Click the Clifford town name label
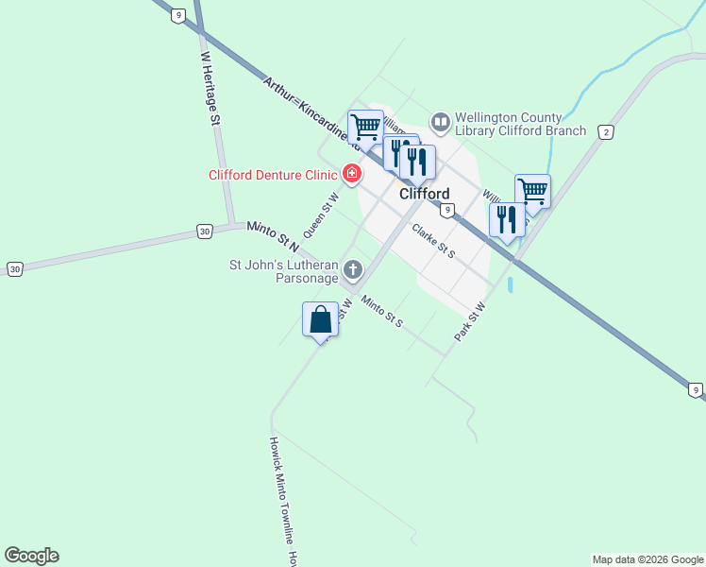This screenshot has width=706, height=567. tap(424, 194)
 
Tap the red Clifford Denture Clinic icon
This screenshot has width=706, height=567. tap(352, 174)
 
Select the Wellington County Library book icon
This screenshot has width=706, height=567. tap(440, 123)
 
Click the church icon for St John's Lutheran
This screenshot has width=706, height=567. tap(353, 271)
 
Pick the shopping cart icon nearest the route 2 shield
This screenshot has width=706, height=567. tap(532, 192)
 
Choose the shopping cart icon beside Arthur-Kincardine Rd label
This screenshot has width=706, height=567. tap(364, 127)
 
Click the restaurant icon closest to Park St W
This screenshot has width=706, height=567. tap(507, 220)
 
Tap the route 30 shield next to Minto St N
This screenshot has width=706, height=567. tap(204, 231)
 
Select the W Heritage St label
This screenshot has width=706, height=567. tap(210, 89)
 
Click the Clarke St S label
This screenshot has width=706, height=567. tap(433, 241)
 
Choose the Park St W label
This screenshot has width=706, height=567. tap(469, 321)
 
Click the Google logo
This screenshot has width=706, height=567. tap(31, 556)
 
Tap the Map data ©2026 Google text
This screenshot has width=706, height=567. tap(647, 559)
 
